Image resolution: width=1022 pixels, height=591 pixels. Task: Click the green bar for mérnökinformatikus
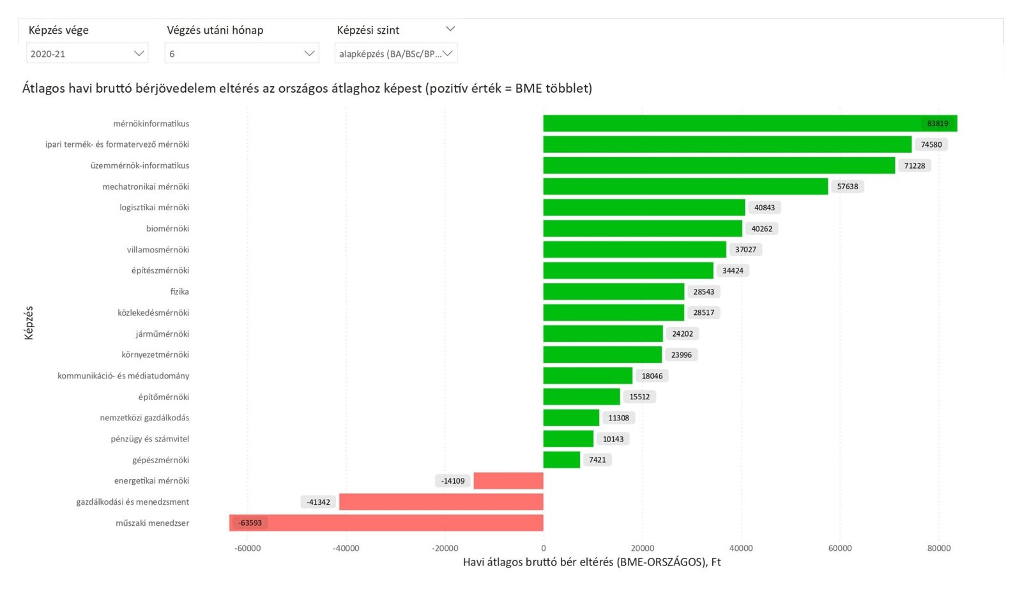750,123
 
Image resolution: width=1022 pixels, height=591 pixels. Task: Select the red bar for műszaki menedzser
386,523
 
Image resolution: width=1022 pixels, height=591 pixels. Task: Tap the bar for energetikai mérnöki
508,480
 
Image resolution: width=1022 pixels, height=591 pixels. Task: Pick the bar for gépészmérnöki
561,459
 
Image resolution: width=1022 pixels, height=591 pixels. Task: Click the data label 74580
931,144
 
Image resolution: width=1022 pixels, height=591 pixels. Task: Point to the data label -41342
318,502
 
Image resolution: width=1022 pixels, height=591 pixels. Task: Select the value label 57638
847,187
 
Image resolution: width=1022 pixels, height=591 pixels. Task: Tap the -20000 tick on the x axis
445,548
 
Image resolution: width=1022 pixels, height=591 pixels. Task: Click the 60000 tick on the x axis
839,548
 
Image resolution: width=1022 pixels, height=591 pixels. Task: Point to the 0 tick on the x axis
544,548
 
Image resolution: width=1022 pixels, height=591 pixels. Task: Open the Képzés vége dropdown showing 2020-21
87,54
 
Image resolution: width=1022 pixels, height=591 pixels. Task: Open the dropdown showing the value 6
241,54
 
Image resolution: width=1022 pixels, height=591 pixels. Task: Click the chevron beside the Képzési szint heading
450,29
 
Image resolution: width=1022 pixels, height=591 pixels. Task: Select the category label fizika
179,291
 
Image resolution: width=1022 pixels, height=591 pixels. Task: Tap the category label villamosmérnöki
158,249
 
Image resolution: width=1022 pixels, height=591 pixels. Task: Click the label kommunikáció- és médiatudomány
123,376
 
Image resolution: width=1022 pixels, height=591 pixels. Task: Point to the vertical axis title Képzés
29,323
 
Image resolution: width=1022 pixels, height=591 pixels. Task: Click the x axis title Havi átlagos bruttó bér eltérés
591,562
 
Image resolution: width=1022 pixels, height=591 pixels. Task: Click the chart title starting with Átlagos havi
307,88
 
